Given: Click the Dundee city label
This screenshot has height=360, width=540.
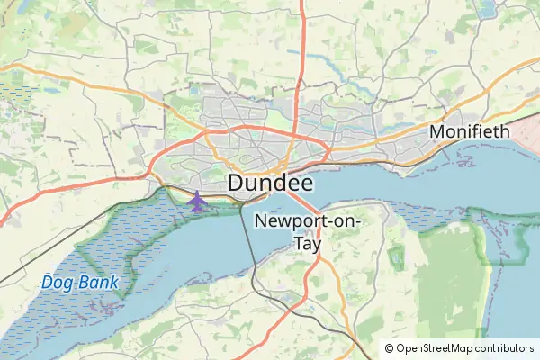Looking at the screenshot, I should coord(271,183).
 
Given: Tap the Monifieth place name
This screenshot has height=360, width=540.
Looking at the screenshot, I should coord(470,131).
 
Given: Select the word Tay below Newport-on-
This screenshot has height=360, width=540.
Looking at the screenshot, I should coord(307,243).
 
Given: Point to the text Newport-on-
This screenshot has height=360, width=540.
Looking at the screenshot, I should coord(308,221).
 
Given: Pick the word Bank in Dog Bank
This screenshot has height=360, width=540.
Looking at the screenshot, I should coord(97,283).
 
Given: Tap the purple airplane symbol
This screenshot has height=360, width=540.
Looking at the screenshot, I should coord(197,201).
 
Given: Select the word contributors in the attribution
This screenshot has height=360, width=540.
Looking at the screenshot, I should coord(505,348).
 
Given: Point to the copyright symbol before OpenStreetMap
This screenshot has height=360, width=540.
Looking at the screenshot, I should coord(389,348).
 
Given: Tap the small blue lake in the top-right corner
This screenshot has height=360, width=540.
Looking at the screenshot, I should coord(489,9).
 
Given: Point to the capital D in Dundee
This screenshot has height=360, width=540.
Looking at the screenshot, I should coord(237,183).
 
